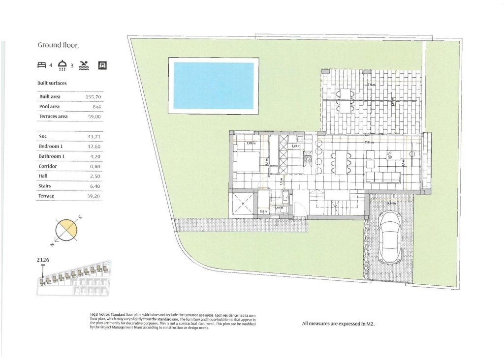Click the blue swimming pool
point(214,86)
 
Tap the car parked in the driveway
point(390,237)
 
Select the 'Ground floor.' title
point(59,45)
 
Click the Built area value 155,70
point(93,97)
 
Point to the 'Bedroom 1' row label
point(51,147)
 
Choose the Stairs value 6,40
point(94,186)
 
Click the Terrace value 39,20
point(93,196)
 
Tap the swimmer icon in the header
point(84,65)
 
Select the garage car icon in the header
point(102,65)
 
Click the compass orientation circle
point(66,230)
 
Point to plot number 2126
point(43,260)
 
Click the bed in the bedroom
point(246,161)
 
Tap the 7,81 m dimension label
point(369,142)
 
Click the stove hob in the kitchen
point(309,159)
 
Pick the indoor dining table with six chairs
point(341,162)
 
